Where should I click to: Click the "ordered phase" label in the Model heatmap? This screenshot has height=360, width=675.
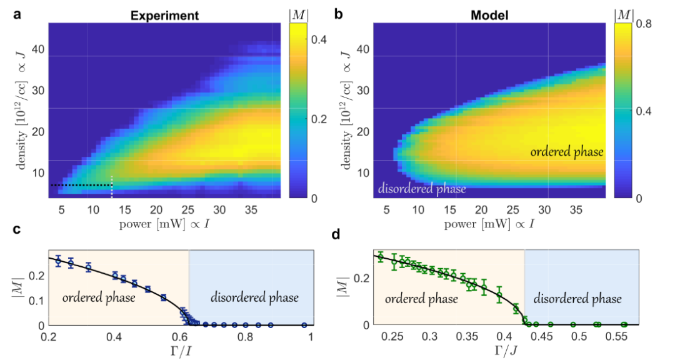[567, 152]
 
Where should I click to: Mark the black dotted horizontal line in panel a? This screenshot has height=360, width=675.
[80, 185]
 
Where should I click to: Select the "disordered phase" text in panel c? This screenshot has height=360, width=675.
[255, 297]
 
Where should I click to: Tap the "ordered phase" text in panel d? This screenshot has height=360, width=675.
[421, 299]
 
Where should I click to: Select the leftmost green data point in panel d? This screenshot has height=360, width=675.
[380, 257]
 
